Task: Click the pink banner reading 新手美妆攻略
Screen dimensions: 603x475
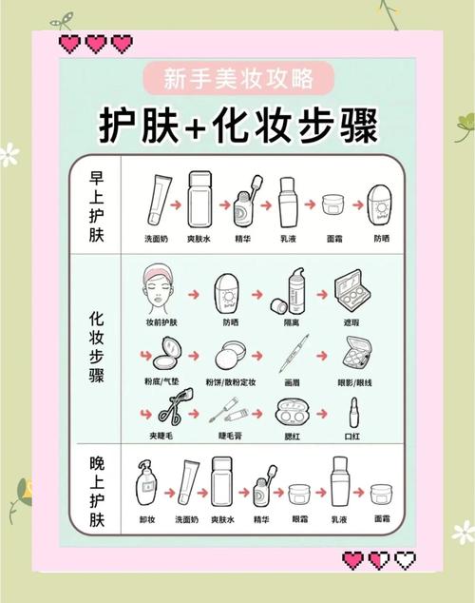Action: click(237, 76)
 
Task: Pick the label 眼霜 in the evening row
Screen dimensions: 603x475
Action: click(300, 519)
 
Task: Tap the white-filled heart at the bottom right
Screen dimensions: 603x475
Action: click(406, 560)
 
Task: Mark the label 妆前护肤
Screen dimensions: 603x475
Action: click(161, 323)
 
